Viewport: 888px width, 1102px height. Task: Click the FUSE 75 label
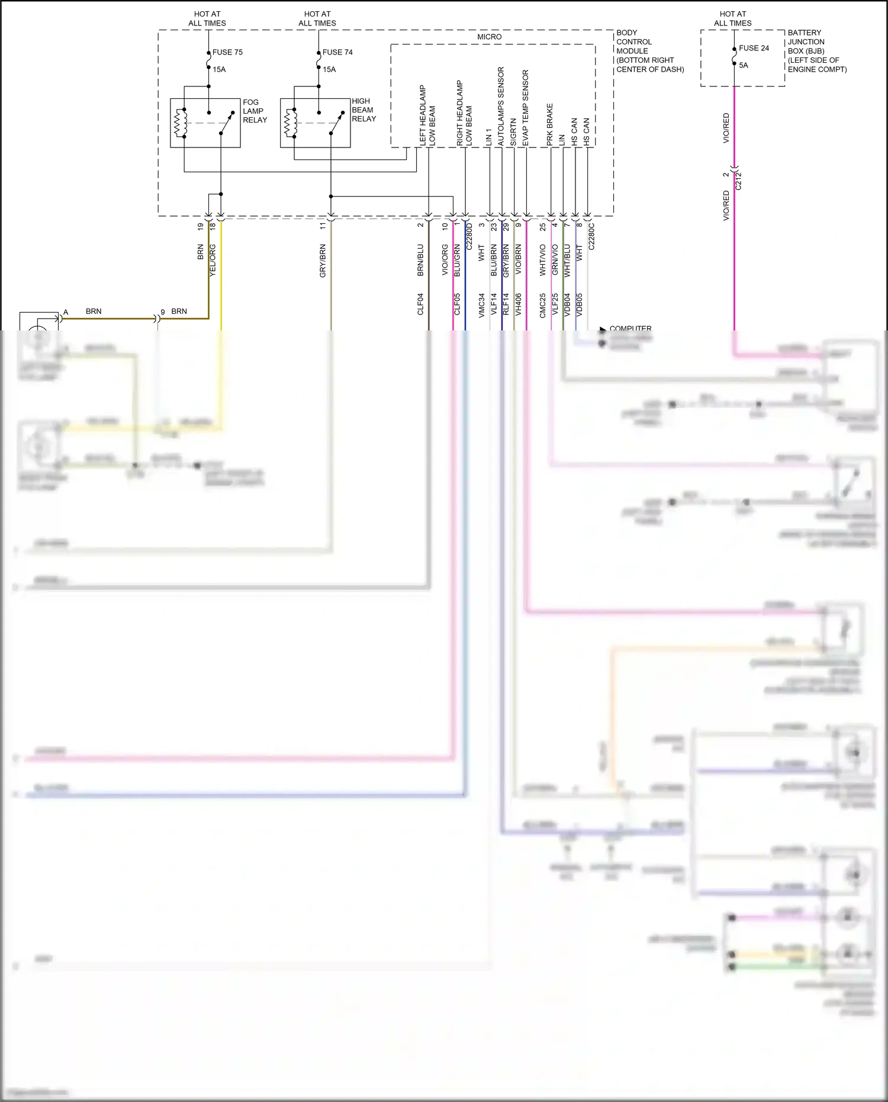(227, 52)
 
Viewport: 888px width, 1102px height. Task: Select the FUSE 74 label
(337, 52)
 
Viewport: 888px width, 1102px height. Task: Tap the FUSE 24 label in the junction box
(754, 48)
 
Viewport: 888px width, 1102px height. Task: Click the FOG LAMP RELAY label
(255, 111)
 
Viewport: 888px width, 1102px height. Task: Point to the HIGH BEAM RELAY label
(363, 110)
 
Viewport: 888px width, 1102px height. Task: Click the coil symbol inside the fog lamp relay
(179, 123)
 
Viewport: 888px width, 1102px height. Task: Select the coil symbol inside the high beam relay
(289, 123)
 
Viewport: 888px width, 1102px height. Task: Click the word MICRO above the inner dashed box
(489, 37)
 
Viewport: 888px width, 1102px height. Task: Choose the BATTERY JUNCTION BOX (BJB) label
(816, 51)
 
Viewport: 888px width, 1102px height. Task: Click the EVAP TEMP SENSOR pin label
(525, 108)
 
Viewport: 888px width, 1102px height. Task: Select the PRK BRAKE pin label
(549, 124)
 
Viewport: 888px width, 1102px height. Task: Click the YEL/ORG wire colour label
(213, 259)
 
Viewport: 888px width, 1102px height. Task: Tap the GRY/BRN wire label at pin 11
(323, 261)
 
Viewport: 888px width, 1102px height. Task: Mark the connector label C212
(738, 180)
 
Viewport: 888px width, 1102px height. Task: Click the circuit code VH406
(518, 304)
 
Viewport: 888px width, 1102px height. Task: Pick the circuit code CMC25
(542, 306)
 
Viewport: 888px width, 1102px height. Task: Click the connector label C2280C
(591, 236)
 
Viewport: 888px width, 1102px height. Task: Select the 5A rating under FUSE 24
(744, 65)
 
